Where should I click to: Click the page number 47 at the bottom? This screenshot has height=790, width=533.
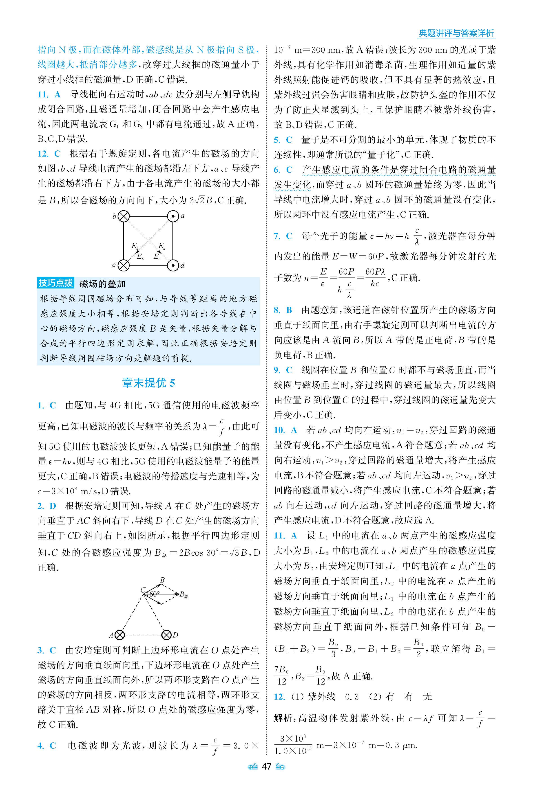(266, 766)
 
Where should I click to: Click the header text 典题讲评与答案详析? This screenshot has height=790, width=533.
(456, 33)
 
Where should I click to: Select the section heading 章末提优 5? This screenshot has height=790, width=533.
(148, 383)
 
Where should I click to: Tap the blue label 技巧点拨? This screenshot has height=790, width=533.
(56, 283)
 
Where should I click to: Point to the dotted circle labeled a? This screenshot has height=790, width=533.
(173, 216)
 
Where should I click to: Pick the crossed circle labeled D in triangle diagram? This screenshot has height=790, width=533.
(166, 635)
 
